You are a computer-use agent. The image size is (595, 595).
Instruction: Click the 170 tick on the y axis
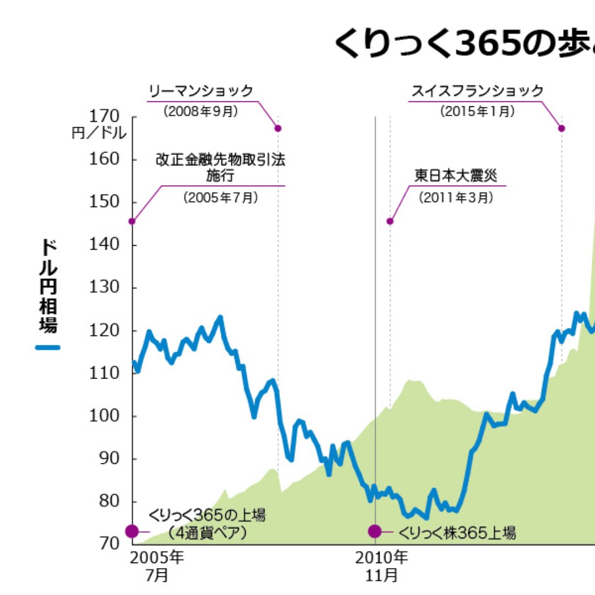104,116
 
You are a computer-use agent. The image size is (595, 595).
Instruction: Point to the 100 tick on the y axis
104,415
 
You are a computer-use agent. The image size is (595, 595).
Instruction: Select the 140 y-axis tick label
104,244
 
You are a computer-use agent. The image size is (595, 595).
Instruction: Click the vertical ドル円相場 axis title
48,286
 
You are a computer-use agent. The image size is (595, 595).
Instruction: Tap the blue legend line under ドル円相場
48,348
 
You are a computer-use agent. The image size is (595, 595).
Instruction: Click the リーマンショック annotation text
201,91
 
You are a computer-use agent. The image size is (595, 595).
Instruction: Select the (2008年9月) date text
201,111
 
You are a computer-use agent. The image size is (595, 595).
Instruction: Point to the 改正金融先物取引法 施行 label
220,167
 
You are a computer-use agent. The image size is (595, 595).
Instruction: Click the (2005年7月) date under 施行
220,197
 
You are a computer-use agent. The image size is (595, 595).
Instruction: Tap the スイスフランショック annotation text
478,91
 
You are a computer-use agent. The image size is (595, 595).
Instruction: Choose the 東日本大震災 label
456,176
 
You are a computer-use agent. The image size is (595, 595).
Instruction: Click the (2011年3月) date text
456,197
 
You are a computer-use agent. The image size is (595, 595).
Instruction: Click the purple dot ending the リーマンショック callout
278,128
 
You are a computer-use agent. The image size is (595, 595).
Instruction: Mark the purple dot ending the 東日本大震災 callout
390,221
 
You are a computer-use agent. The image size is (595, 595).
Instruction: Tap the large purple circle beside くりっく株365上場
375,532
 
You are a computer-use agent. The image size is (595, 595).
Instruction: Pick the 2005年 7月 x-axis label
157,567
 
